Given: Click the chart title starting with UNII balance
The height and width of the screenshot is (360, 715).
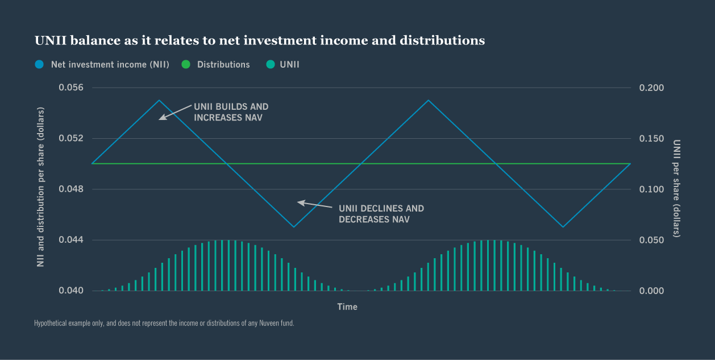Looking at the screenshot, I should point(259,41).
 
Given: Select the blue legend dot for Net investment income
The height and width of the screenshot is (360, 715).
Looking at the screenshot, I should point(39,65).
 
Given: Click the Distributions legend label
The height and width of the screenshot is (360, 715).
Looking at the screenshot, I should point(223,65).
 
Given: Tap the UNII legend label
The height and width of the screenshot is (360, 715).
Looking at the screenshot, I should point(289,65).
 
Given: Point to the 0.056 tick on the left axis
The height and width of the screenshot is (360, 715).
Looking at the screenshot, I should point(71,88).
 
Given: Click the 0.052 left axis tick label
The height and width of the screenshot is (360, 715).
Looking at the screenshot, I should point(71,138).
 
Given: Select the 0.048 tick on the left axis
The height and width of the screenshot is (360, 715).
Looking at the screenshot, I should point(71,189).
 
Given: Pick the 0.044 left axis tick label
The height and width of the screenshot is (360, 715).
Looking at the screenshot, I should point(71,240).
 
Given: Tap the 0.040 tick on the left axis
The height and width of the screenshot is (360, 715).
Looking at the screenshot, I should point(71,291).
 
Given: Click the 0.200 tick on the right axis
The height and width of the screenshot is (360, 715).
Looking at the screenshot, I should point(651,88).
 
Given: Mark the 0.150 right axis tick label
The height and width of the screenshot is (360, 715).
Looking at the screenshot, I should point(651,138).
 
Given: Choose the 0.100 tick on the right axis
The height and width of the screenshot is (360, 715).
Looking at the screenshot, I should point(651,189).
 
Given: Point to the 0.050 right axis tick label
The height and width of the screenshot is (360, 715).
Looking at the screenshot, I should point(651,240).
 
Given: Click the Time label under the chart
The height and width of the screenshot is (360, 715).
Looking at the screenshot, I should point(347,307).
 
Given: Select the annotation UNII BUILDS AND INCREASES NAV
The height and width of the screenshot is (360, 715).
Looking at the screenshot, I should point(231,112).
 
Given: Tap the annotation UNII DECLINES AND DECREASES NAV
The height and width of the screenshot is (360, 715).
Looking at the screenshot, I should point(381,214).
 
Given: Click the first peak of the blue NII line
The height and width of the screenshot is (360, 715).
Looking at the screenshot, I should point(159,100).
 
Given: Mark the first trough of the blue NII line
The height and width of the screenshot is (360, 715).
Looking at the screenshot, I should point(294,227).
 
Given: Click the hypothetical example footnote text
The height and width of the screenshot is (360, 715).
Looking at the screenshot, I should point(164,324).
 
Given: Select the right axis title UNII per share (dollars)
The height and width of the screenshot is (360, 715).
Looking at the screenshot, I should point(676,188).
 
